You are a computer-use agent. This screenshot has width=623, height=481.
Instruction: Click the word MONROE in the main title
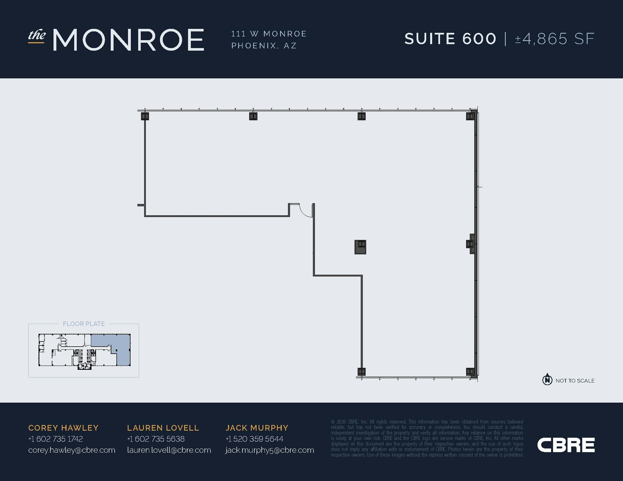[x=128, y=40]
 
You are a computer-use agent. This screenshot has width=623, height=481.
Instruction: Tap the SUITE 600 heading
[x=450, y=39]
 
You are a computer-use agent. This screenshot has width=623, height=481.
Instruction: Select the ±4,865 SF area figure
[x=555, y=39]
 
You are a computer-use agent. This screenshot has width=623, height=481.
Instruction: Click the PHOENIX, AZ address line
[x=264, y=46]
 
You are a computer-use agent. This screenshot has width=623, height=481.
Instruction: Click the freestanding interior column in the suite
[x=360, y=247]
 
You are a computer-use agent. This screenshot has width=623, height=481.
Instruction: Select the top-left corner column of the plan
[x=145, y=116]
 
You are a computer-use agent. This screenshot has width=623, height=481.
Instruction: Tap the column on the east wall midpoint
[x=470, y=244]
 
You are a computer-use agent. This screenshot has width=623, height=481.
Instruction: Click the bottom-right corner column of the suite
[x=470, y=371]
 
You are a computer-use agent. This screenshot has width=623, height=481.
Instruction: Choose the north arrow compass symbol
[x=547, y=379]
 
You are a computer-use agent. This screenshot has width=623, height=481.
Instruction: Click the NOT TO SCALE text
[x=575, y=381]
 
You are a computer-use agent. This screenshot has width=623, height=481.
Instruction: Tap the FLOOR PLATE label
[x=84, y=324]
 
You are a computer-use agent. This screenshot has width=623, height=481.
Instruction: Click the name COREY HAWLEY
[x=63, y=428]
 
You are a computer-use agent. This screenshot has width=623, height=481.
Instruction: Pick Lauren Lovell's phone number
[x=156, y=439]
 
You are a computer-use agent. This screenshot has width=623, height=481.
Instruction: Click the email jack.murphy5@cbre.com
[x=270, y=450]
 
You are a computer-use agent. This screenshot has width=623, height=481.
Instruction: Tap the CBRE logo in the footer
[x=566, y=445]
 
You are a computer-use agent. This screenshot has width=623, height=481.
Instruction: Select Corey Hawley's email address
[x=72, y=450]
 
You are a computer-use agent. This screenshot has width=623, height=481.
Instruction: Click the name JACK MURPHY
[x=257, y=428]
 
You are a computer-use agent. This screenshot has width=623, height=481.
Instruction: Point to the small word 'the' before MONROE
[x=37, y=36]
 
